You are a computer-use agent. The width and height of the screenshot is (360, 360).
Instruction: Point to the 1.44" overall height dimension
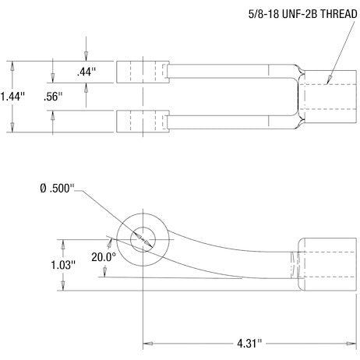[x=13, y=97]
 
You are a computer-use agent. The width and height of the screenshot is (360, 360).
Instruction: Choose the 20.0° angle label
[x=103, y=256]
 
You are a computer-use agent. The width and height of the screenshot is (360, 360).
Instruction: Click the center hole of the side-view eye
[x=143, y=238]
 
